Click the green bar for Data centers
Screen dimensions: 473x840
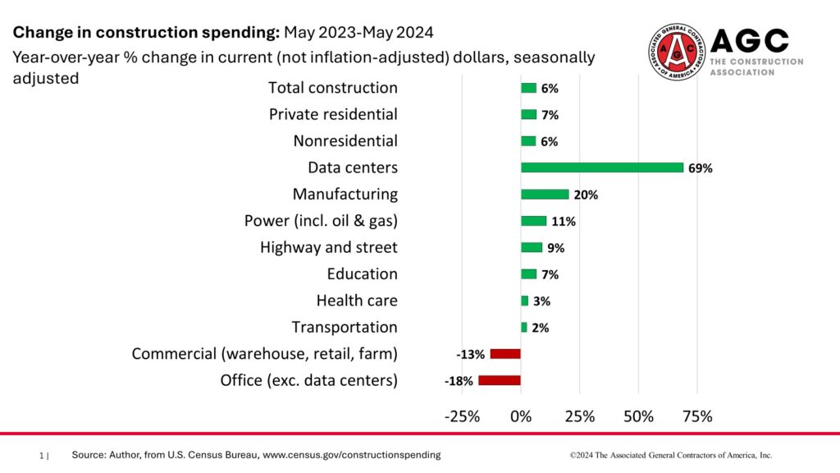(602, 168)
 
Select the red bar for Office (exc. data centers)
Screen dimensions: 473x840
(500, 380)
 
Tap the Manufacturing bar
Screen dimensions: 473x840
(545, 195)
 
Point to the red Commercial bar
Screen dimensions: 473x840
(505, 354)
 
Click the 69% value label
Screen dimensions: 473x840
(701, 168)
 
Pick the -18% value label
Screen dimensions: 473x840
(459, 381)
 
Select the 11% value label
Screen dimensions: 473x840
(564, 222)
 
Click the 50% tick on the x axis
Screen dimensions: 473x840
(638, 416)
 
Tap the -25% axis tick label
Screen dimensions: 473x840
(462, 416)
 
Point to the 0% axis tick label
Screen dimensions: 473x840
(521, 416)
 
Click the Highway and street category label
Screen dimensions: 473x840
(328, 247)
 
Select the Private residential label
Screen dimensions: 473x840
(333, 114)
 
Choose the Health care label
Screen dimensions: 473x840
(357, 301)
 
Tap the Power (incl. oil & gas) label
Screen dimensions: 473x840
(321, 221)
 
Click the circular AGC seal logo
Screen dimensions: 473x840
(677, 51)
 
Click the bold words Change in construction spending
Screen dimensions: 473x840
(145, 33)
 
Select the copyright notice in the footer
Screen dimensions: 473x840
(671, 454)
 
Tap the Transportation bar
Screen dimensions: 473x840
(524, 327)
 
